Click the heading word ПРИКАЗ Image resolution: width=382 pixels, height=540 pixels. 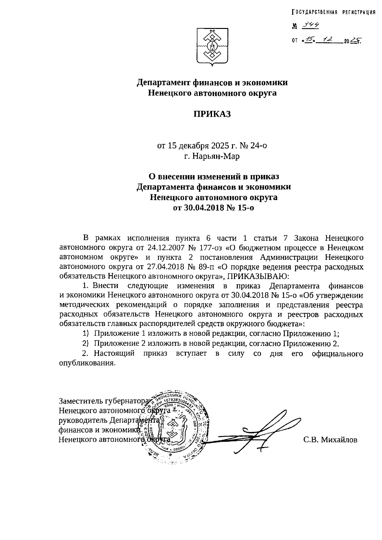[x=212, y=114]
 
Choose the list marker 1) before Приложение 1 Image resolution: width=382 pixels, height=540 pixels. [x=85, y=334]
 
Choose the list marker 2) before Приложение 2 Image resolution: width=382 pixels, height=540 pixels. [x=85, y=343]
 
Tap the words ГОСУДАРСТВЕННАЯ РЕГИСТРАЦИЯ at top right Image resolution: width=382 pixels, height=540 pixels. [x=333, y=12]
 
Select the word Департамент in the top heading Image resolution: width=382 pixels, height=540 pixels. [x=163, y=83]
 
